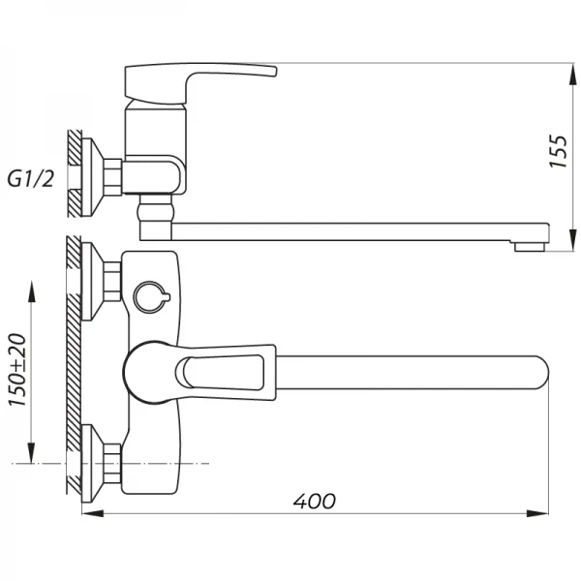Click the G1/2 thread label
point(31,178)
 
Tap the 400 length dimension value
point(315,501)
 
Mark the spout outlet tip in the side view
point(530,246)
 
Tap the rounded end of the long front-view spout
point(538,370)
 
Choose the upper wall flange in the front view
point(90,281)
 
